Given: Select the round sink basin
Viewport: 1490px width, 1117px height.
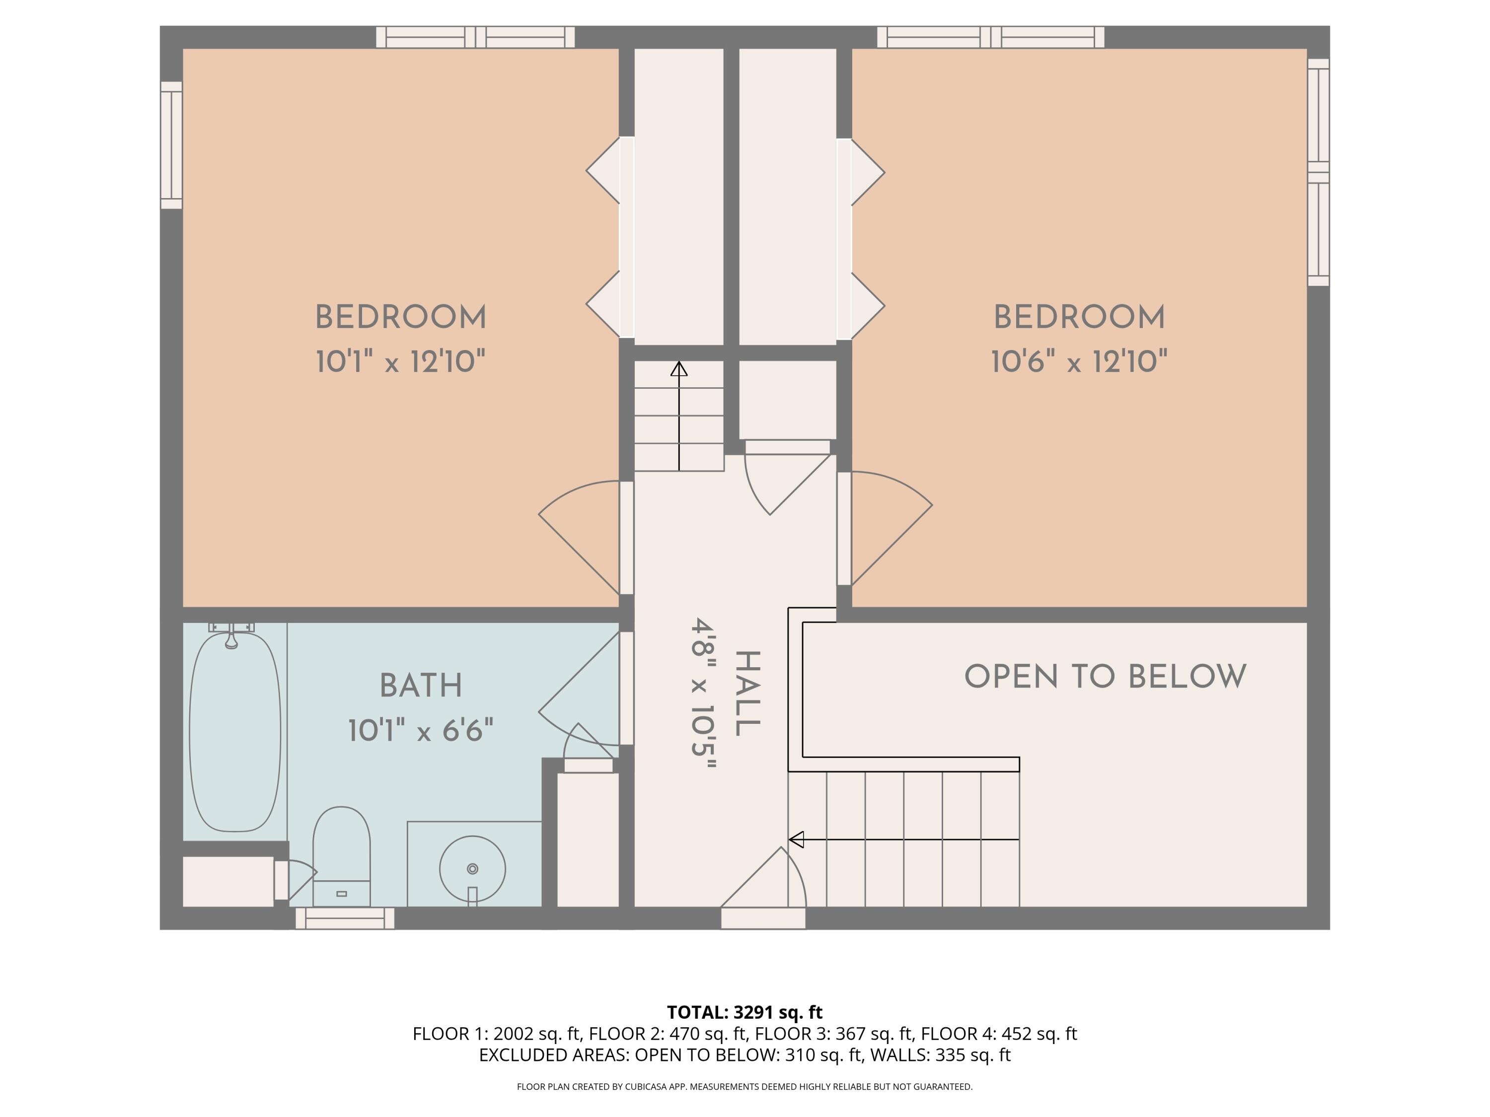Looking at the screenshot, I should (472, 869).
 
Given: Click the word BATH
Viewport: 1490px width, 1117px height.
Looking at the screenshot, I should (421, 686).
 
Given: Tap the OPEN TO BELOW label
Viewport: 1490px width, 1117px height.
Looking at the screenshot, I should (1106, 677).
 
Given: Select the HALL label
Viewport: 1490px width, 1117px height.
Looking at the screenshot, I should (747, 693).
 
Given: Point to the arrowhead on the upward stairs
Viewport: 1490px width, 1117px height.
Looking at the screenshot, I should (679, 369).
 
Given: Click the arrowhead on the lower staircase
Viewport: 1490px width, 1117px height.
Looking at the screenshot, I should (796, 839).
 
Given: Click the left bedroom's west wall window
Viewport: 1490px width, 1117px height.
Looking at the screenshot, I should (172, 145).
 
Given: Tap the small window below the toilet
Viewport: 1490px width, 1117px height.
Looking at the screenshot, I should (345, 918).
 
